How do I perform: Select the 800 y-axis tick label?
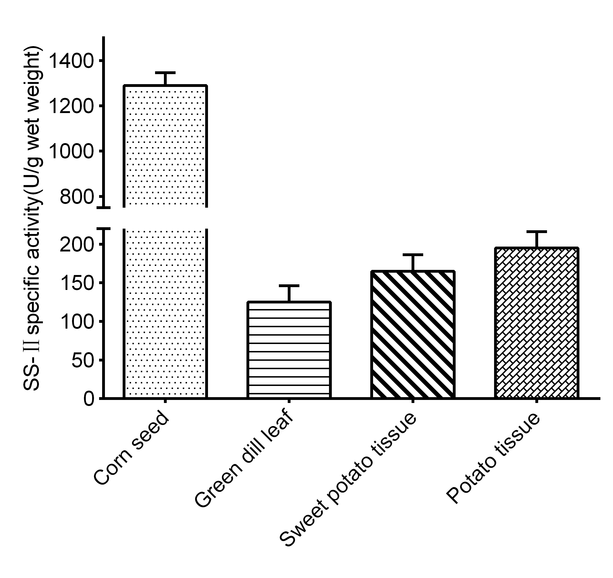click(76, 197)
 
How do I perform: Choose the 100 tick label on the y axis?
click(76, 322)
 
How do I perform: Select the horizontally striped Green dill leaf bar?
click(289, 350)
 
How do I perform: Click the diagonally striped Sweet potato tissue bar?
click(413, 334)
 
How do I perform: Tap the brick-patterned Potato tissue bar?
click(537, 323)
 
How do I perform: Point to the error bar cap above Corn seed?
click(165, 73)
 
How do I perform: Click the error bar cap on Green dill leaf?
click(289, 286)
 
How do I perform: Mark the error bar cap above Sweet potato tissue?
click(413, 255)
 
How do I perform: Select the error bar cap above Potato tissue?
click(537, 231)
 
